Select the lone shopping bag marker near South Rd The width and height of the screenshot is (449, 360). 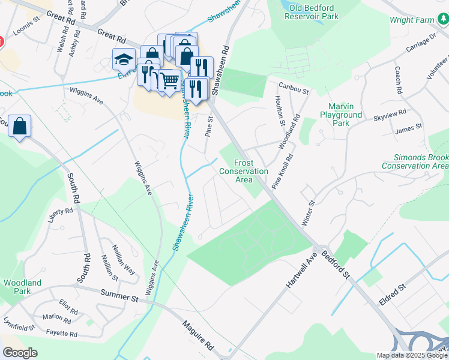point(20,127)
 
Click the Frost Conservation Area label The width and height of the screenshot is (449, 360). point(244,171)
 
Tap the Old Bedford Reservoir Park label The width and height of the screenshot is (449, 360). point(313,11)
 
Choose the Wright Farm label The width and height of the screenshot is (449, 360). point(412,20)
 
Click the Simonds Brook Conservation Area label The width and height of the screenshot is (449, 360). point(415,161)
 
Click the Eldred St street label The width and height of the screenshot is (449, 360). point(393,294)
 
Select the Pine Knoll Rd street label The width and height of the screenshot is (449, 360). point(282,172)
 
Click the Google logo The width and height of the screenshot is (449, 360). point(20,353)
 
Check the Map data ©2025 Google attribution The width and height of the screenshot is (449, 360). point(412,355)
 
